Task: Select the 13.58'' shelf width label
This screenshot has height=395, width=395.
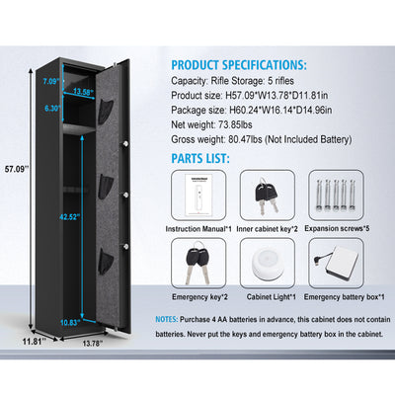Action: coord(83,92)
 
